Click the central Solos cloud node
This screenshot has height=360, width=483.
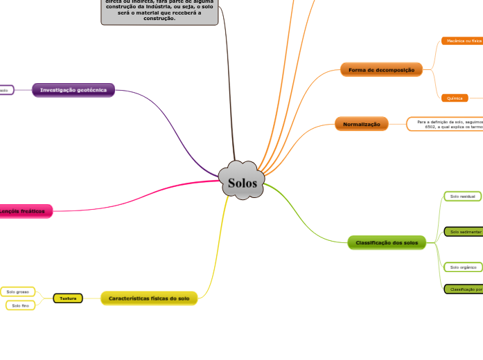[242, 183]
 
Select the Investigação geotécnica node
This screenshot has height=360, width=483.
[73, 90]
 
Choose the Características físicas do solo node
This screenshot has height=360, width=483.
[149, 298]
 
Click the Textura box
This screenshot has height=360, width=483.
[68, 298]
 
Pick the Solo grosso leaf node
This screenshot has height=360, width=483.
[18, 292]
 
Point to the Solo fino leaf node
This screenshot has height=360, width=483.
[21, 305]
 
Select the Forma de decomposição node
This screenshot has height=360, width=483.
[381, 70]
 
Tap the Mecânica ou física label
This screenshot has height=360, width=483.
[462, 41]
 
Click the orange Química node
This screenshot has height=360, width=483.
[455, 98]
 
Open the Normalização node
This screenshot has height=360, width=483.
[361, 124]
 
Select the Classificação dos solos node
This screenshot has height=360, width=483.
[387, 242]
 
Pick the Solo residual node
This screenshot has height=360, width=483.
[462, 197]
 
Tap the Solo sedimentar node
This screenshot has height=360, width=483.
[464, 231]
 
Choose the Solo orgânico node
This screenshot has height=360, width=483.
[463, 267]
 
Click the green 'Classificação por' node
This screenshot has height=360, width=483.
[464, 289]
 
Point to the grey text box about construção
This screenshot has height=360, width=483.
[159, 11]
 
